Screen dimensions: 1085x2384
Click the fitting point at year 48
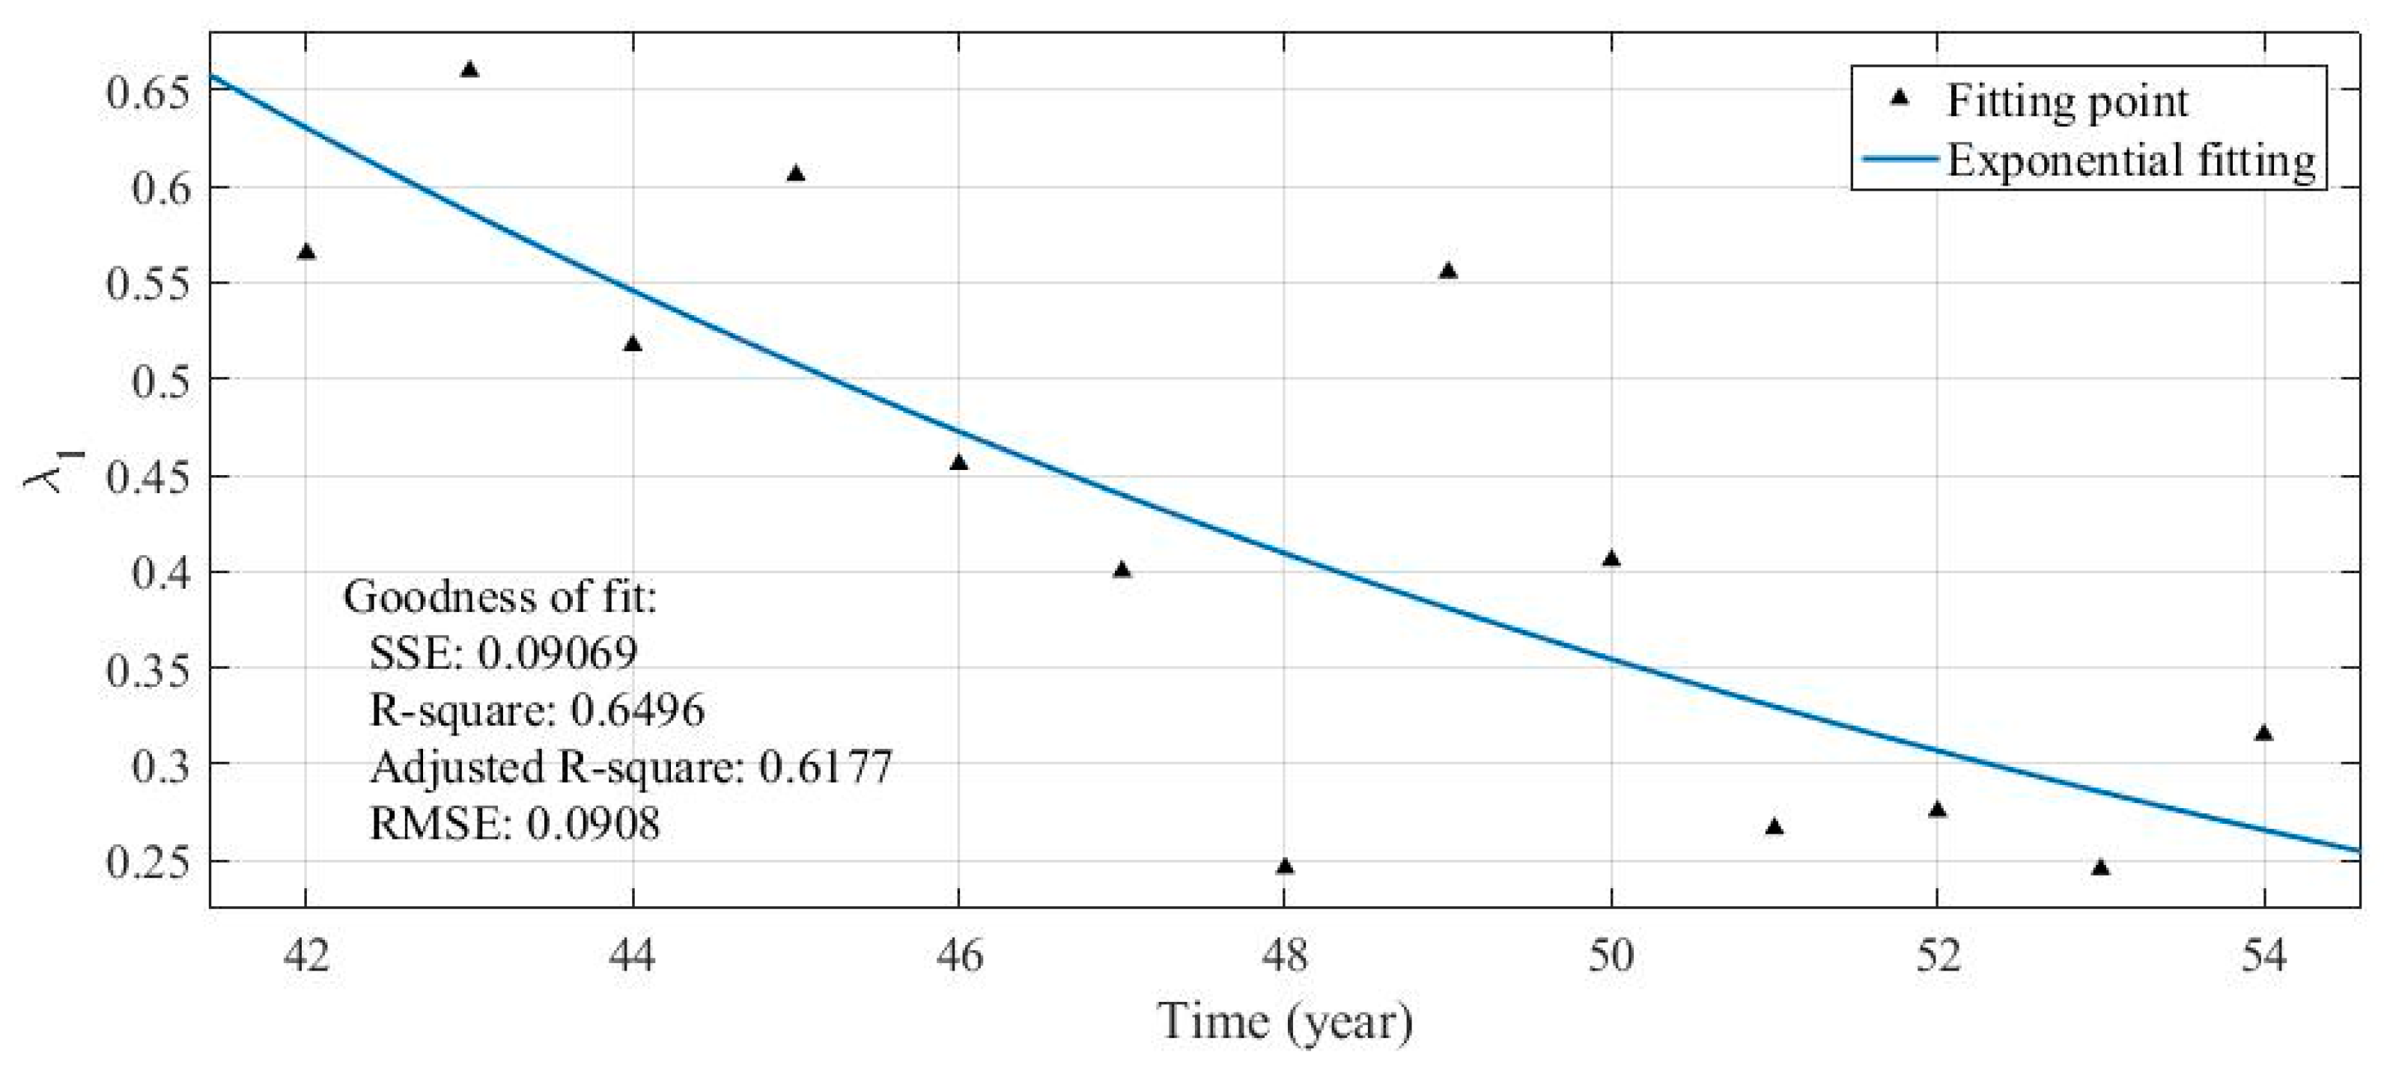(x=1285, y=867)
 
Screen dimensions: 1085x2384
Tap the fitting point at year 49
(x=1448, y=271)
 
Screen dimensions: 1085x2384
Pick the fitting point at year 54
(x=2263, y=733)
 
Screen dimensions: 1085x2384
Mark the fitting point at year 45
(x=796, y=174)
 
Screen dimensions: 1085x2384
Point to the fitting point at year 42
(x=306, y=251)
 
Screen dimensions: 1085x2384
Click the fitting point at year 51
(x=1774, y=826)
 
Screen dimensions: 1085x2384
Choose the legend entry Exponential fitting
(x=2130, y=160)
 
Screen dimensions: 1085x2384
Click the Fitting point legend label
(x=2067, y=100)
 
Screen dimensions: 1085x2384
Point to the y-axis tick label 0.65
(x=148, y=93)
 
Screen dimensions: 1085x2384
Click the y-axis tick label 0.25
(x=148, y=862)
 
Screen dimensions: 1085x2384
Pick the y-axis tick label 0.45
(x=148, y=477)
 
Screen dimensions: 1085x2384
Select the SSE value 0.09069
(x=557, y=654)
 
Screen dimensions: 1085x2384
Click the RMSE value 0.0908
(x=593, y=822)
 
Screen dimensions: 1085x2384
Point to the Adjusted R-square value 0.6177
(x=826, y=766)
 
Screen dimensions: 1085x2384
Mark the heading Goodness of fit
(x=499, y=598)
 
